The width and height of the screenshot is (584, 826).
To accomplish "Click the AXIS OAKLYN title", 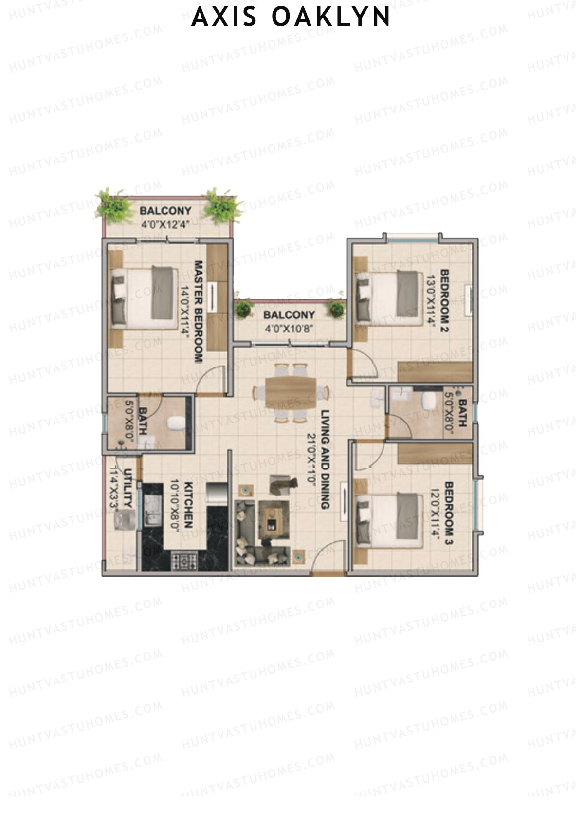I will [x=291, y=18].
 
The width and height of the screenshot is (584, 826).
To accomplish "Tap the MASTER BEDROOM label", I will [x=199, y=312].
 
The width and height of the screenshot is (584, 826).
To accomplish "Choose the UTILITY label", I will [x=128, y=488].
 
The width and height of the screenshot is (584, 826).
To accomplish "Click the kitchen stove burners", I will [x=185, y=561].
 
